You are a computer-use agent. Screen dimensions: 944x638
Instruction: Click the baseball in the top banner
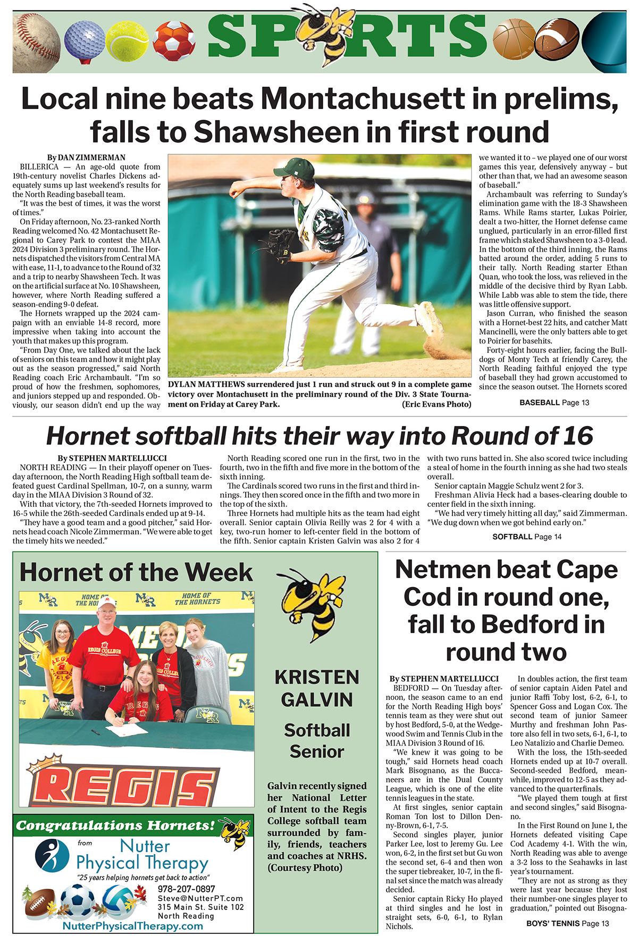[36, 43]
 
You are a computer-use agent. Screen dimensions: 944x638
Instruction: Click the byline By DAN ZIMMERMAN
[86, 157]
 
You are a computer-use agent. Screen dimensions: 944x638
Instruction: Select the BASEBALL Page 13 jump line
[554, 403]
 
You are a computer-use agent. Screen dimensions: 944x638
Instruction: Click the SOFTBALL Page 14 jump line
[526, 537]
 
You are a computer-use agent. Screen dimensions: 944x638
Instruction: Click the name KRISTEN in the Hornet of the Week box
[317, 677]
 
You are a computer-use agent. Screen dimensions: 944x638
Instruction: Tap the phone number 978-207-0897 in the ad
[186, 889]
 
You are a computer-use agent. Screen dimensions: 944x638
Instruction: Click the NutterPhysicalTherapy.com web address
[132, 926]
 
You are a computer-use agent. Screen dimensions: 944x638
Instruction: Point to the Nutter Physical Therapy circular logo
[52, 855]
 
